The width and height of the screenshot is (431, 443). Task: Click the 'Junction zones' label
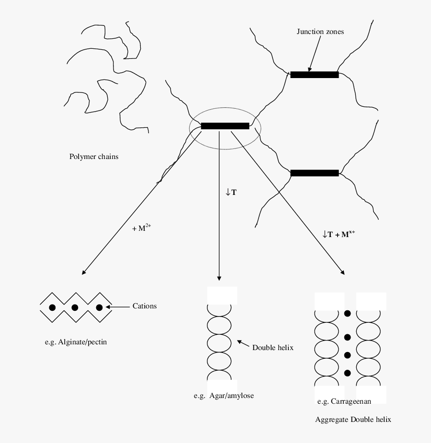(x=320, y=32)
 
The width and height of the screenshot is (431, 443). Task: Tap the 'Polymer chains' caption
(x=94, y=157)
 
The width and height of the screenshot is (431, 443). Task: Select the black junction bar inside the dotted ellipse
(x=225, y=126)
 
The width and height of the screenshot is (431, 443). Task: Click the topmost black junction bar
(x=314, y=75)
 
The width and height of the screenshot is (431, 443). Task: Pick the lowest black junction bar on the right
(x=314, y=173)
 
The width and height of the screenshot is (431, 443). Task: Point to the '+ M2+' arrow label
(x=142, y=228)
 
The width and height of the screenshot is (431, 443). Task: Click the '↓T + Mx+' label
(x=339, y=234)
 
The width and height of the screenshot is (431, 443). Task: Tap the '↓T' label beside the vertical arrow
(x=231, y=193)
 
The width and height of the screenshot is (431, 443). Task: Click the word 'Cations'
(x=145, y=306)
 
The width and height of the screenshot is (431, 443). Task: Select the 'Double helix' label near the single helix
(x=272, y=348)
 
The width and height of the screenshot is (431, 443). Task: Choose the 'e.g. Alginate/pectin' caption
(x=76, y=342)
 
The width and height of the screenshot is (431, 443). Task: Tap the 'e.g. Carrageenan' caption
(x=344, y=401)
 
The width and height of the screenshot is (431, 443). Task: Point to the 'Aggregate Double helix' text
(x=353, y=420)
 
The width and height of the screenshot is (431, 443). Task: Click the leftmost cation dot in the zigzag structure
(x=52, y=307)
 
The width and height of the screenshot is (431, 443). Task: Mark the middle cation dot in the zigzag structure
(x=75, y=307)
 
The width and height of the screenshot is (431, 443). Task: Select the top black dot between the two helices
(x=348, y=313)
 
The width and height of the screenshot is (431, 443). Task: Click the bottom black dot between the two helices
(x=348, y=373)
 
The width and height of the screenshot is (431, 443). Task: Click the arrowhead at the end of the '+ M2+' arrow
(x=83, y=273)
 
